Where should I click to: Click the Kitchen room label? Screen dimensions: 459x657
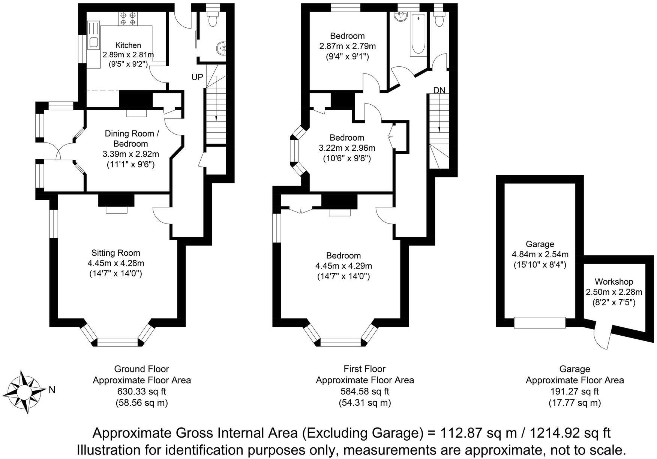coord(128,45)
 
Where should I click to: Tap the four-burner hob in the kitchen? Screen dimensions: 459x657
coord(128,19)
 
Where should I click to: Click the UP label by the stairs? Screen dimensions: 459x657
coord(197,77)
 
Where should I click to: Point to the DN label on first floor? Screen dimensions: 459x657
coord(439,90)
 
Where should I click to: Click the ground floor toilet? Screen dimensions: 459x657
coord(213,19)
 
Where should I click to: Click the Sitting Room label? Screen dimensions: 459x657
coord(115,253)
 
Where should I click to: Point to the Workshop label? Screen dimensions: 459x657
coord(614,282)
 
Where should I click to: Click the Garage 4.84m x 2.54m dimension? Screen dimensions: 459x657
coord(540,255)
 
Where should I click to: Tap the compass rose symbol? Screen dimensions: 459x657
coord(24,392)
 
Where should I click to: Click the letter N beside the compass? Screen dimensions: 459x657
coord(52,390)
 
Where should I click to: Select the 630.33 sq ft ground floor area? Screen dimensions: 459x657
coord(142,391)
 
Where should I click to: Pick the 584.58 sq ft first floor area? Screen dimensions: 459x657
coord(364,391)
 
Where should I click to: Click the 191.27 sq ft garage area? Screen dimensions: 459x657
coord(574,391)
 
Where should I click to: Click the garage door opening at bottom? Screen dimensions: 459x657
coord(540,322)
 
